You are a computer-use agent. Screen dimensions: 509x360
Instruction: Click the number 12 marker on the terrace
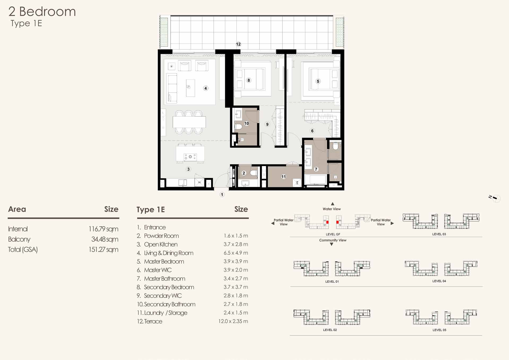pos(238,44)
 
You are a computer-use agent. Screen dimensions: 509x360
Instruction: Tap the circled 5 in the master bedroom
pos(318,81)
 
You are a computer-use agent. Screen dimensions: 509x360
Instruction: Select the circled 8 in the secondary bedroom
pos(249,80)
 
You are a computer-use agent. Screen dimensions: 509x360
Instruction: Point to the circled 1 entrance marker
pos(222,194)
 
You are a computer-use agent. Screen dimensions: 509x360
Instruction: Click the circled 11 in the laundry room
pos(284,177)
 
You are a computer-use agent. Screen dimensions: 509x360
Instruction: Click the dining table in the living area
pos(189,122)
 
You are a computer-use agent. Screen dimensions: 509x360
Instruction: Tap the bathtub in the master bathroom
pos(315,180)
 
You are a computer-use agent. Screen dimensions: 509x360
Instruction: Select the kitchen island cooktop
pos(190,157)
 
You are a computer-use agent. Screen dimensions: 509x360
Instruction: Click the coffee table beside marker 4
pos(190,88)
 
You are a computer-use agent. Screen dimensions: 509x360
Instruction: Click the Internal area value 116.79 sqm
pos(103,229)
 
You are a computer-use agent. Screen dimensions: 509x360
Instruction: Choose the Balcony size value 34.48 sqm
pos(105,239)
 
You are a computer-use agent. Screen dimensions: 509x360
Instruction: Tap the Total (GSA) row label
pos(23,250)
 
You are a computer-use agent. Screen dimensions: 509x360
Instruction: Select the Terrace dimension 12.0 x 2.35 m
pos(233,321)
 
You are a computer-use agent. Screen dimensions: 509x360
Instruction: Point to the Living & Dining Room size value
pos(236,253)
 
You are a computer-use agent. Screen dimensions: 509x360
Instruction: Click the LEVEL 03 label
pos(439,234)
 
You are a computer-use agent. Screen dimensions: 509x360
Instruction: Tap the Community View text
pos(333,240)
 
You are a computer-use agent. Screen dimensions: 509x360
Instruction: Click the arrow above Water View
pos(332,204)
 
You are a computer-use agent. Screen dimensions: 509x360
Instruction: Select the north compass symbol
pos(495,198)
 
